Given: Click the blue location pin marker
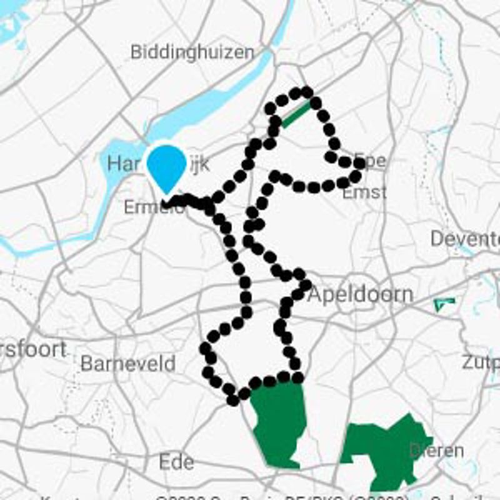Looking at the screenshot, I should pyautogui.click(x=167, y=166).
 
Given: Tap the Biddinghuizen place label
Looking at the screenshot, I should pyautogui.click(x=192, y=52).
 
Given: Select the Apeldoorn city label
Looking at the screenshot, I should pyautogui.click(x=361, y=294).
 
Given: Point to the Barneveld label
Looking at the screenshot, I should pyautogui.click(x=128, y=364).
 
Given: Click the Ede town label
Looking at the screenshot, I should pyautogui.click(x=176, y=462).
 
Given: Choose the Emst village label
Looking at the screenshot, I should pyautogui.click(x=364, y=192).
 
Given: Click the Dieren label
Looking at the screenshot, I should pyautogui.click(x=437, y=451).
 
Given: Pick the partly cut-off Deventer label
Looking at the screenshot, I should pyautogui.click(x=465, y=239).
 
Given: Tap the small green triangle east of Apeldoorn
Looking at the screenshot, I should pyautogui.click(x=444, y=304).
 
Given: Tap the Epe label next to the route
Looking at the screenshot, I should pyautogui.click(x=374, y=161).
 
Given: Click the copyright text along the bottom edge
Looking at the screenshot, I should pyautogui.click(x=281, y=497).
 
